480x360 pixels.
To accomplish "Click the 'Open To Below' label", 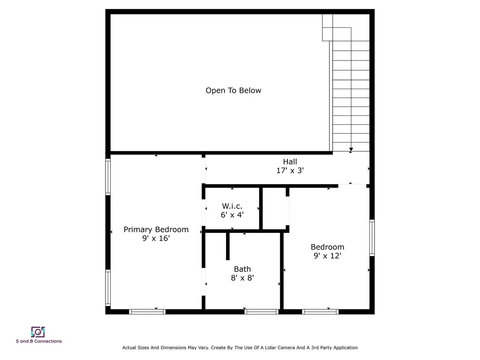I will [233, 90].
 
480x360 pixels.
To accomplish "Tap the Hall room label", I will [290, 162].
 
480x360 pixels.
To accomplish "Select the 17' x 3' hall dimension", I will [290, 171].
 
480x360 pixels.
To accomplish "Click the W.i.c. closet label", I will [232, 206].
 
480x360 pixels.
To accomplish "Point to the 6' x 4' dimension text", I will [232, 215].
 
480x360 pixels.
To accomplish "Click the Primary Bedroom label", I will [156, 229].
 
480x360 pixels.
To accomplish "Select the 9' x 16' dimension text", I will [156, 238].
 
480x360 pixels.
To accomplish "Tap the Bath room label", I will [242, 269].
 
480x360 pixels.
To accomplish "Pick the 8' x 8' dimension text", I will [242, 278].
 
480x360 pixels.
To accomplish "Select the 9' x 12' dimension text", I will [327, 256].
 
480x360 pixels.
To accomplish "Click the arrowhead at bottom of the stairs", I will [351, 150].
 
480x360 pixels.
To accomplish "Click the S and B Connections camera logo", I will [38, 332].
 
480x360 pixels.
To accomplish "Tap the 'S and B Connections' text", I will [38, 341].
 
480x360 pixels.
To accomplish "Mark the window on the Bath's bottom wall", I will [262, 311].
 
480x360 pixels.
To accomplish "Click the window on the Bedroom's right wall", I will [372, 238].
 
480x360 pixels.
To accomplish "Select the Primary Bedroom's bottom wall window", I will [147, 311].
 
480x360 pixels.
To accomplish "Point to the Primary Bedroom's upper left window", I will [108, 177].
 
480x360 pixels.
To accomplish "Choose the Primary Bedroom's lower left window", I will [108, 288].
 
